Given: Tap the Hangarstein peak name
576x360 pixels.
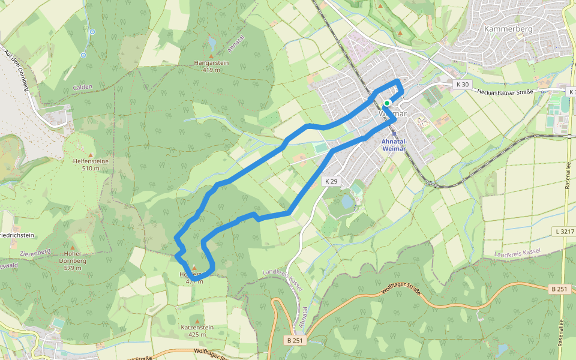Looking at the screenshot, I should (x=211, y=62).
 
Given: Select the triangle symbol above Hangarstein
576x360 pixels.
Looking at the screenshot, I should (x=211, y=56).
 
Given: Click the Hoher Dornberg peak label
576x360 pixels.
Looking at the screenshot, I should (x=73, y=257).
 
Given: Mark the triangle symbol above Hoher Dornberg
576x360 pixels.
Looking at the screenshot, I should (x=72, y=247).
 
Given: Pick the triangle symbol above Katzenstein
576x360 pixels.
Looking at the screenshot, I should (x=194, y=320).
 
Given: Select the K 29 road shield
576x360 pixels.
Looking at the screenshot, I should (x=331, y=181).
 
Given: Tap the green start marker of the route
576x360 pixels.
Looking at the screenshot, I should (x=387, y=103).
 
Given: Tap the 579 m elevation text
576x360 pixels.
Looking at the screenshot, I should (x=73, y=268).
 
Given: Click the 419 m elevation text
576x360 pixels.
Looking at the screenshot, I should (x=211, y=70).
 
